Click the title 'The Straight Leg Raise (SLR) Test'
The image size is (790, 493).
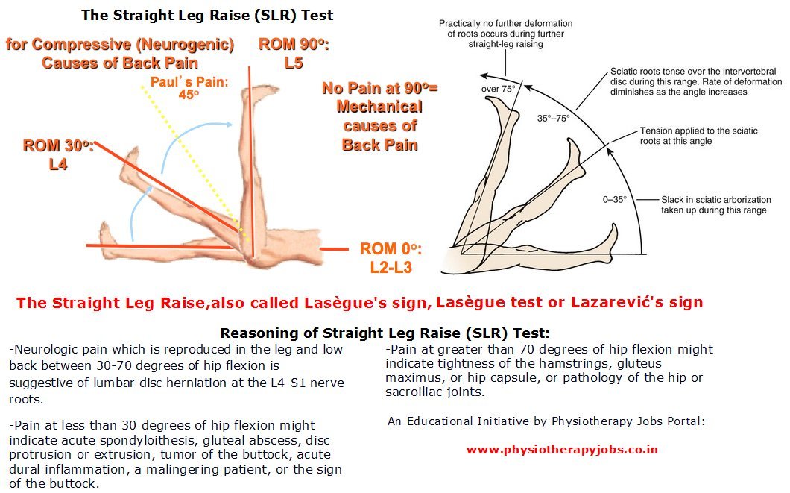206,15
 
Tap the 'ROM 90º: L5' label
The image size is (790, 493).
294,54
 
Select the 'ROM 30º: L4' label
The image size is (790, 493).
58,154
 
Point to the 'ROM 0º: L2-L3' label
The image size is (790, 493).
391,257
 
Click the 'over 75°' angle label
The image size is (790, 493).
497,88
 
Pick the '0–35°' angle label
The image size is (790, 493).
616,200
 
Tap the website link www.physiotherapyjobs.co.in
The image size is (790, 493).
562,450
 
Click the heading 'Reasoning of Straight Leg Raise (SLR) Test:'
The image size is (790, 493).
385,333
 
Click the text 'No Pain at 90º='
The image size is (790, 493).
380,88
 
